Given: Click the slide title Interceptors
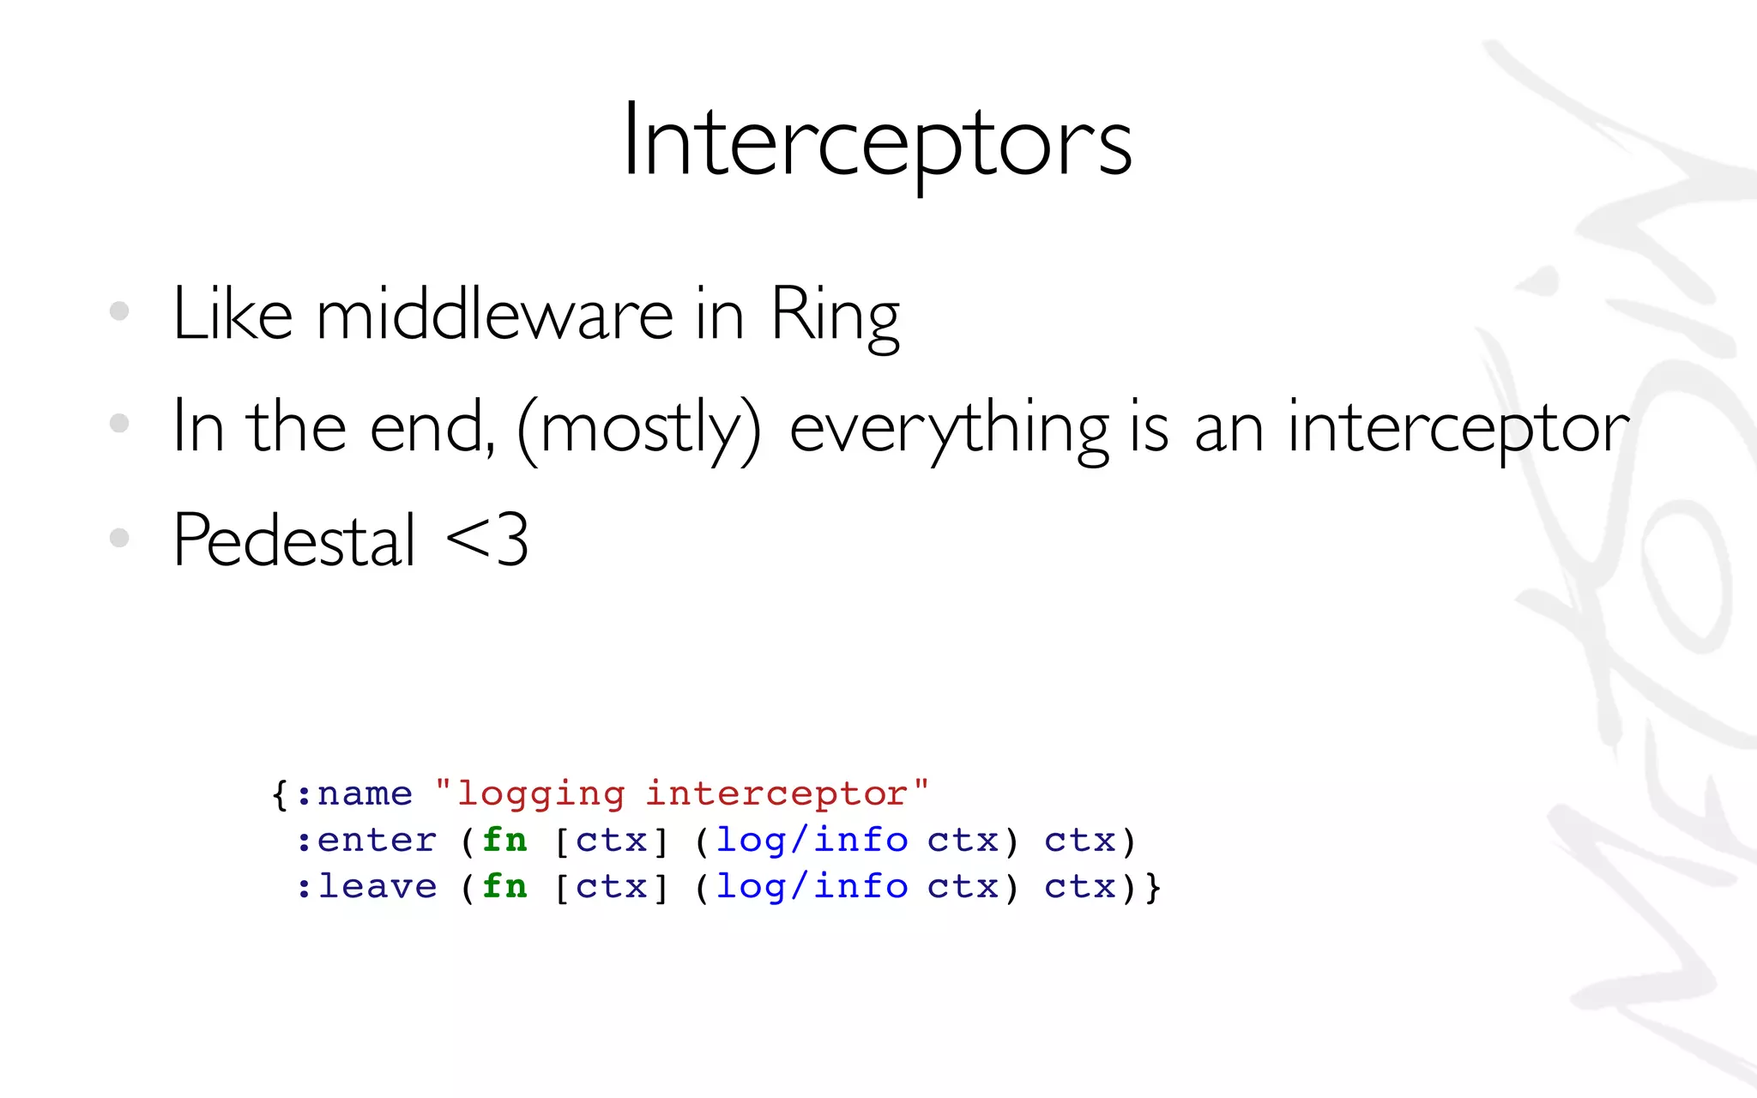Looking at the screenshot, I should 877,142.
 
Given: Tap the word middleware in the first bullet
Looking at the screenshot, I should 495,314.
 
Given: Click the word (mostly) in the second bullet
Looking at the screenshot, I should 639,427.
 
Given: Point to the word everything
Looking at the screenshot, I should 948,427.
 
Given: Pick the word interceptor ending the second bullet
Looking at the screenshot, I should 1458,427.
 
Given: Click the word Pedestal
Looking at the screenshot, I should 294,540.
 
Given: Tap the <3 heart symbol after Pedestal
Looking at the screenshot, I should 487,540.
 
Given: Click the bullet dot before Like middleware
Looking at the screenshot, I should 119,311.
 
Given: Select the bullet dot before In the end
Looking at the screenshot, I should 119,423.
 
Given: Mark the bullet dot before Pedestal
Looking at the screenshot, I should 119,538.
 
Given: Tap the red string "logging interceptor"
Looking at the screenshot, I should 682,793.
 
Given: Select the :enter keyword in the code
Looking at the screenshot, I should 366,840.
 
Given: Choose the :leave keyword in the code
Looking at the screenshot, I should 366,886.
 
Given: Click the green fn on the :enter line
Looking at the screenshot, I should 504,840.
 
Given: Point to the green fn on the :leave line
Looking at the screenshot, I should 504,886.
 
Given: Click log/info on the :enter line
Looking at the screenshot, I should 812,840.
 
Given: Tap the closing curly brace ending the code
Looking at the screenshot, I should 1153,886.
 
